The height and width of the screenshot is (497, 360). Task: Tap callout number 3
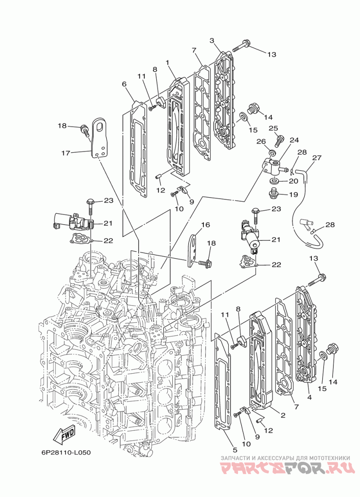point(212,41)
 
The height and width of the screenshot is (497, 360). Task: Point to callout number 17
point(67,153)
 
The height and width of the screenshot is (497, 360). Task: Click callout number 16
point(205,225)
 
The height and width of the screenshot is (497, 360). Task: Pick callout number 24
point(294,140)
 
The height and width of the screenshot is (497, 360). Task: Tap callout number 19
point(293,195)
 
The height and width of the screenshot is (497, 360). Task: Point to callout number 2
point(283,415)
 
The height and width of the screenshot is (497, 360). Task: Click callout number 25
point(274,129)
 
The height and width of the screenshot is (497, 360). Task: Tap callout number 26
point(261,141)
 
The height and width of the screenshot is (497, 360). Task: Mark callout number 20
point(293,181)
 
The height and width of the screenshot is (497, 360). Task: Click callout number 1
point(167,62)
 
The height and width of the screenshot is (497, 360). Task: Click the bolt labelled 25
point(279,139)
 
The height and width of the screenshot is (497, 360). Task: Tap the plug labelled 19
point(273,194)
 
